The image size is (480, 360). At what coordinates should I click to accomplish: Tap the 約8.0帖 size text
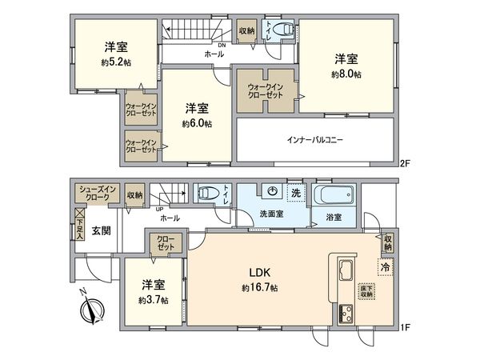point(347,74)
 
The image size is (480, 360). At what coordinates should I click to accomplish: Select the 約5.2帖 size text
point(117,61)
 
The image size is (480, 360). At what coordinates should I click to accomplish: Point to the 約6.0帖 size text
point(196,124)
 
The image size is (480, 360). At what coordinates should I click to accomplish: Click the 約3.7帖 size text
point(152,300)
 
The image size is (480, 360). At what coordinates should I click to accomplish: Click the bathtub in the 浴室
point(334,195)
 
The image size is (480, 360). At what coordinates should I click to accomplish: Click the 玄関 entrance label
point(101,230)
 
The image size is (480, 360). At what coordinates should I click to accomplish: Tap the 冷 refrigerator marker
point(386,267)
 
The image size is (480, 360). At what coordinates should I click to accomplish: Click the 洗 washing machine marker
point(294,193)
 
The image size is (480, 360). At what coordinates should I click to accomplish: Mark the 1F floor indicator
point(405,326)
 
